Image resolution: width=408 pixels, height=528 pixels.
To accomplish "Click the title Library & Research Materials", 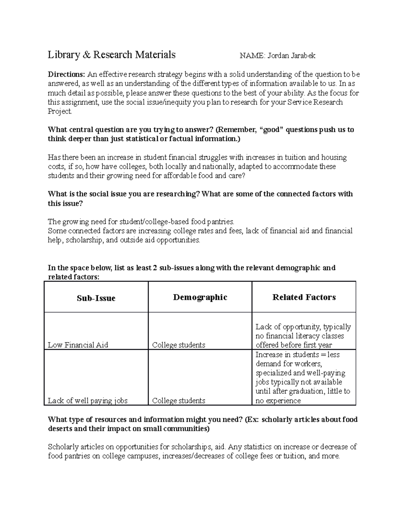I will (x=112, y=55).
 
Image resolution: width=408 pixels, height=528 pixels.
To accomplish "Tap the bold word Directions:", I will (x=66, y=74).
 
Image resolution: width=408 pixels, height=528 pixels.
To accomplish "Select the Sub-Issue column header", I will (x=96, y=298).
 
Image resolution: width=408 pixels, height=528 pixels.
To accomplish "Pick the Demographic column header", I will (x=200, y=297).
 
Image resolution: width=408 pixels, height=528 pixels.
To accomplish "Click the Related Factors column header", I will (x=304, y=297).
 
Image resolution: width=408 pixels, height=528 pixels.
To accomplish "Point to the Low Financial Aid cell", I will (x=78, y=345).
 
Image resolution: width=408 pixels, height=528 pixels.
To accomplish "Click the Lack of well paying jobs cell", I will (x=87, y=401).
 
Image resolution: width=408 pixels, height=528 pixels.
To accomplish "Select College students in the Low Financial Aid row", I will (x=178, y=345).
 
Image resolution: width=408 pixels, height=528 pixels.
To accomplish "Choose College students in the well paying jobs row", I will (x=178, y=401).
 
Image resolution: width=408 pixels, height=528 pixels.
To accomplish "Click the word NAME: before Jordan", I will (x=252, y=56).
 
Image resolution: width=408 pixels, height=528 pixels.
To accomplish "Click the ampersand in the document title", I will (x=86, y=55).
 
